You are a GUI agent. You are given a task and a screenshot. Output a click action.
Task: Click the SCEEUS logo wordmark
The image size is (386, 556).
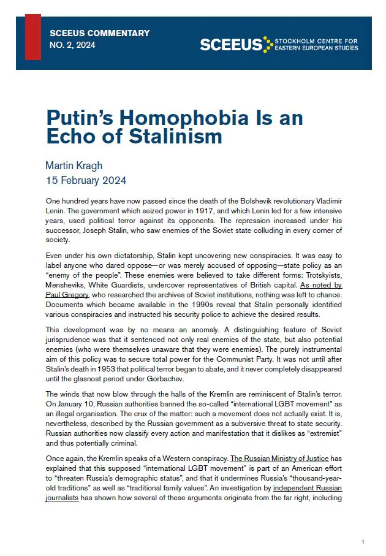[x=230, y=44]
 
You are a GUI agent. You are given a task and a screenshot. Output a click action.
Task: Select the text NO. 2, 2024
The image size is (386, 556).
[x=72, y=45]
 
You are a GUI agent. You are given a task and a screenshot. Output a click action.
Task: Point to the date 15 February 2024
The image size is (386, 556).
[x=86, y=180]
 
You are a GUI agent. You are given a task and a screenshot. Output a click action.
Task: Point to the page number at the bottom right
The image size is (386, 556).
[x=363, y=542]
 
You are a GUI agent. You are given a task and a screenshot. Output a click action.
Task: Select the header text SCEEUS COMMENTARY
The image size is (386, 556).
[x=99, y=33]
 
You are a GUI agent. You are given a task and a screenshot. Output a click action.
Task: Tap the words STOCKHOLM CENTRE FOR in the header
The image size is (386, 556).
[x=316, y=40]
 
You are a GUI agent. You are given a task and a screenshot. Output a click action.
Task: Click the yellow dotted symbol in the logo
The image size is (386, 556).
[x=267, y=44]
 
